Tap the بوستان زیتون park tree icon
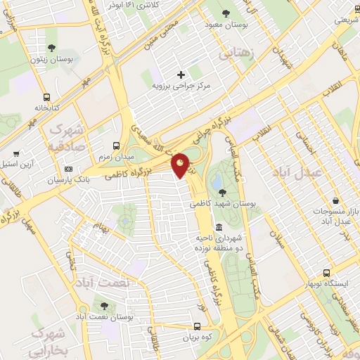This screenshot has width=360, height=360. [52, 48]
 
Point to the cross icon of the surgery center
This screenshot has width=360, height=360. [181, 74]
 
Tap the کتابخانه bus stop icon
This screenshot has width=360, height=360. [47, 97]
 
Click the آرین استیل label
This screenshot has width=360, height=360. [23, 163]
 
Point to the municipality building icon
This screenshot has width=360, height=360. [219, 228]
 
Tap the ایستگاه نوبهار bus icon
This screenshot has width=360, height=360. [326, 273]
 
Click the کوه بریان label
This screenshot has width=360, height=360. [198, 337]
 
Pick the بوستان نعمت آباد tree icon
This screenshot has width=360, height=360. [104, 307]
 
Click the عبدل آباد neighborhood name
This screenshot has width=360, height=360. [322, 173]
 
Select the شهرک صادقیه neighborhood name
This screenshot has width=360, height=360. [66, 138]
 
